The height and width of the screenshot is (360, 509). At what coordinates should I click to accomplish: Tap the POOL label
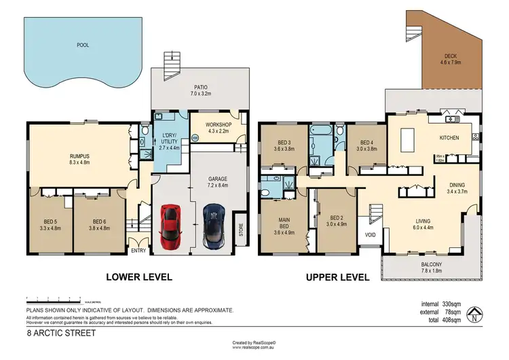coord(83,45)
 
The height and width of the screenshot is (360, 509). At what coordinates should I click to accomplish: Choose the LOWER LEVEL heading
coord(138,277)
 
